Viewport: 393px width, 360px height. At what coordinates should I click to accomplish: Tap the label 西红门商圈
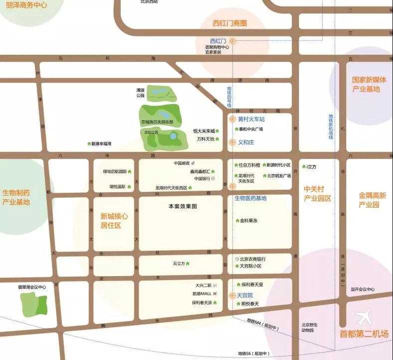tap(230, 23)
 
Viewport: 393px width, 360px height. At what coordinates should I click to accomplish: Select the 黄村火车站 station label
tap(251, 119)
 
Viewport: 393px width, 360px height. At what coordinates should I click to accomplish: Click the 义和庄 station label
tap(246, 142)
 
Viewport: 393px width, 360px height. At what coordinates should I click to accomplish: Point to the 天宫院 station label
tap(244, 296)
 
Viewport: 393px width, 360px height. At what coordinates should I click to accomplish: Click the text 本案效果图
tap(183, 206)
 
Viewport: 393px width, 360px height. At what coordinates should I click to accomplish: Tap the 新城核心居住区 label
tap(114, 221)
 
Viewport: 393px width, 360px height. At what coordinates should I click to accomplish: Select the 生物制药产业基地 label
tap(16, 197)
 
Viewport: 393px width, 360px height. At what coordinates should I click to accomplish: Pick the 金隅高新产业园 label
tap(372, 200)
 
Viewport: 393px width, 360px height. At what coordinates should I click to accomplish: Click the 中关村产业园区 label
tap(318, 194)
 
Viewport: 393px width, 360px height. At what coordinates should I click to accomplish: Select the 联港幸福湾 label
tap(101, 144)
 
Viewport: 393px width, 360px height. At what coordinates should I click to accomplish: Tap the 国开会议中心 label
tap(362, 289)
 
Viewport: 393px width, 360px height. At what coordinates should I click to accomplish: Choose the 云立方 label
tap(179, 263)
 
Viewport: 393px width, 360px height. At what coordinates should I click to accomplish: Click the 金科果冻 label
tap(249, 220)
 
